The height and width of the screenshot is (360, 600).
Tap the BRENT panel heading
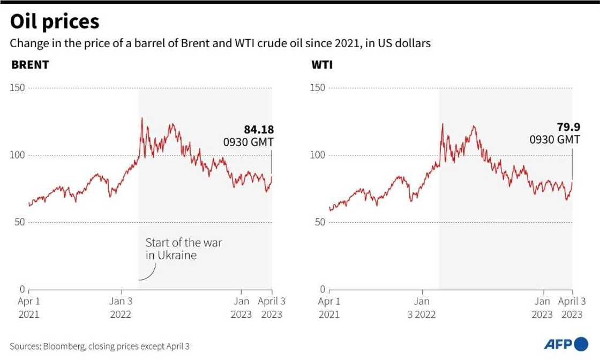[30, 65]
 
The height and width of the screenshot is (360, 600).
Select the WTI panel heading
[320, 65]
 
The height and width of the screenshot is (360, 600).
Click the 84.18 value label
[259, 129]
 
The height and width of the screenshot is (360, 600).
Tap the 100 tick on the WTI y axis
[318, 155]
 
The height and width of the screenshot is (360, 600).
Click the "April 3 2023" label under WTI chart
[573, 308]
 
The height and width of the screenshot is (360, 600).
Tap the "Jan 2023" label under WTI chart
[543, 308]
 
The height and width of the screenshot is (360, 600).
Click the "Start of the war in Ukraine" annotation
[183, 249]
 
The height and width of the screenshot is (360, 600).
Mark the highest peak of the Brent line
[141, 118]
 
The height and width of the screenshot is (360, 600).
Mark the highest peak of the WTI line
[442, 124]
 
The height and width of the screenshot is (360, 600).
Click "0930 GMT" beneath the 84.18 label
[248, 142]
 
